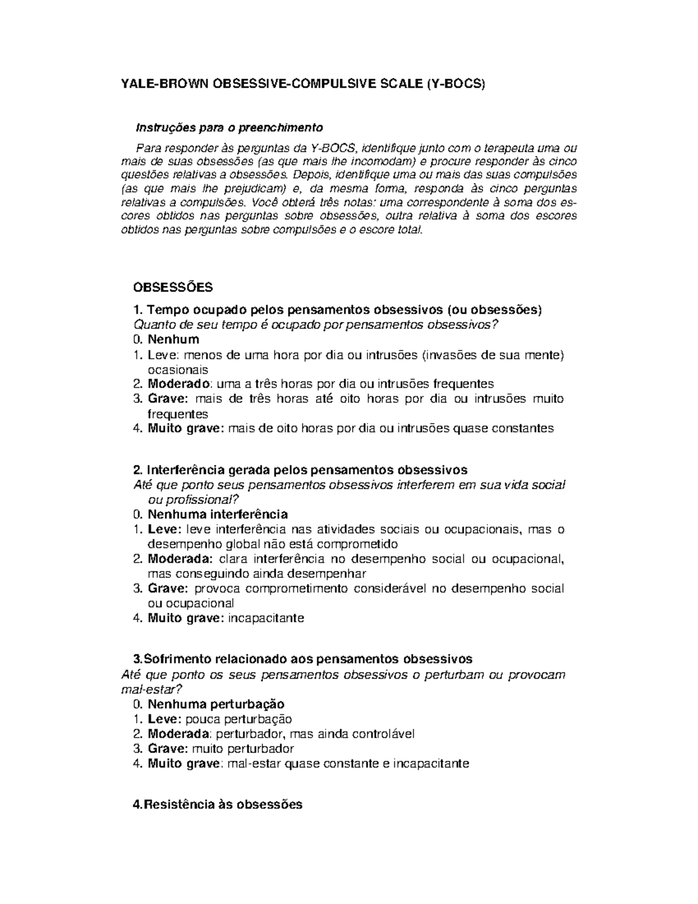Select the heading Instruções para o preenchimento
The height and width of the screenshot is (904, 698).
pos(229,127)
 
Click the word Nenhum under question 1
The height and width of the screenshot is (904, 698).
pos(173,339)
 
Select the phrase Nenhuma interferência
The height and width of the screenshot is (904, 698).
pos(218,515)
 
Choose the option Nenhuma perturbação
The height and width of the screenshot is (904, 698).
pos(216,704)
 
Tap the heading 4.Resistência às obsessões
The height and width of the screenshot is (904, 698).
pos(218,804)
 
